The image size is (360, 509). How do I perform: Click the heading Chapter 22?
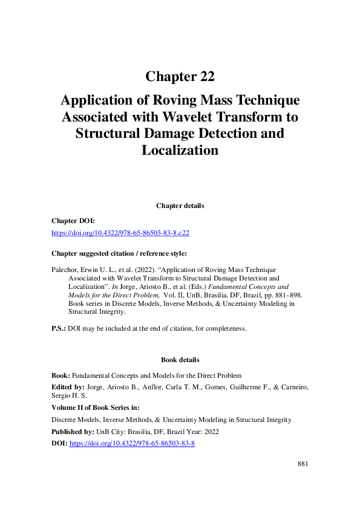point(180,77)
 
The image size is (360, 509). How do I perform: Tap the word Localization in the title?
point(180,150)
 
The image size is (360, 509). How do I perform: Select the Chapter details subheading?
point(180,206)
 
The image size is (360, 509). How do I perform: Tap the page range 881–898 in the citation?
point(282,295)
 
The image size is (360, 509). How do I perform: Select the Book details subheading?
point(180,360)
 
